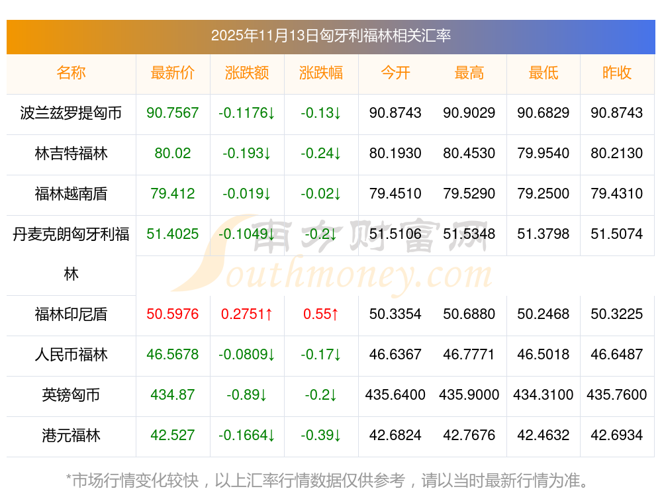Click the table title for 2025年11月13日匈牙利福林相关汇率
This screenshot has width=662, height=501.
331,36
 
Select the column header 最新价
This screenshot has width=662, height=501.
173,73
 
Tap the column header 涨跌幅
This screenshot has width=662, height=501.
321,73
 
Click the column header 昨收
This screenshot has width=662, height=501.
617,73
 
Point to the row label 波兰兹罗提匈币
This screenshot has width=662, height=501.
71,113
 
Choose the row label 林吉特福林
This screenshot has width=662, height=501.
71,154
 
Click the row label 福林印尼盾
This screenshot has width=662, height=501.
71,314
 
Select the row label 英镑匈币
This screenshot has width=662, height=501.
71,395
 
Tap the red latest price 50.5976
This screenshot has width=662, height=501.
173,314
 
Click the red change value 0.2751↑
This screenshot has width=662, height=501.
247,314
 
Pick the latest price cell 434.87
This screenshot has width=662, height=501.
173,395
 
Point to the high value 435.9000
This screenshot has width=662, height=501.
469,395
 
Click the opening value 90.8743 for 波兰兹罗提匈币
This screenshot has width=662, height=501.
395,113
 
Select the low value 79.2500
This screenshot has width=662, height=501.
544,194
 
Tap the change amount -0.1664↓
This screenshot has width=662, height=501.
247,435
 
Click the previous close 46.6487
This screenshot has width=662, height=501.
617,355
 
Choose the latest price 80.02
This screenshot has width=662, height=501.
173,154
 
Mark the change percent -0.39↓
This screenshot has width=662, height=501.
321,435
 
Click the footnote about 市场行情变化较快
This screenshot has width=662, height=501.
328,480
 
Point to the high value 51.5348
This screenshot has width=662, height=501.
469,234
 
